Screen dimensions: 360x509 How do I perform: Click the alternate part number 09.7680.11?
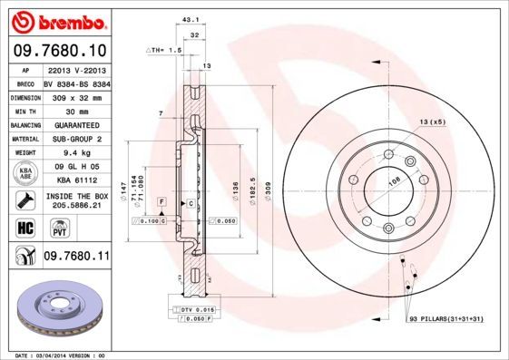[x=75, y=258]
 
